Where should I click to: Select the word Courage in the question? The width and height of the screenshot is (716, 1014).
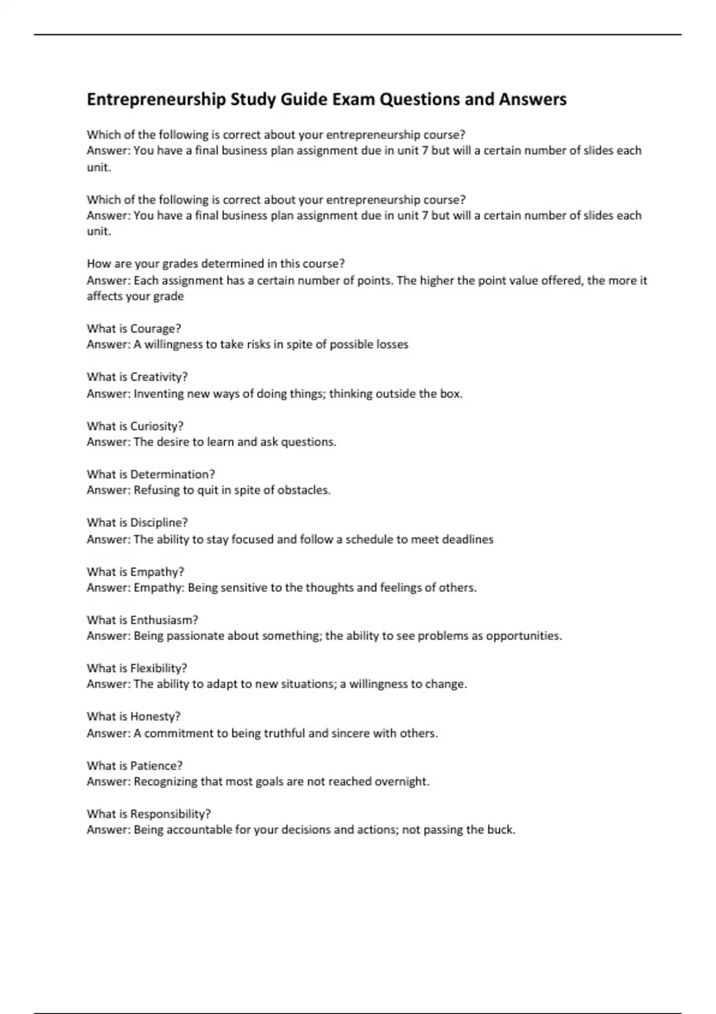point(155,329)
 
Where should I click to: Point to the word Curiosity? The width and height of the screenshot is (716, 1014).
point(156,426)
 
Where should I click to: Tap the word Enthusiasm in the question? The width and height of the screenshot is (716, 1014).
point(164,620)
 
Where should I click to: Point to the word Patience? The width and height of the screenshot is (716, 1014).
point(156,765)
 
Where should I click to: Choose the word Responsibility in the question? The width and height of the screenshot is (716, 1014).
point(170,814)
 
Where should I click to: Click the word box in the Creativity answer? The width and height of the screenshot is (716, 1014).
point(451,394)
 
